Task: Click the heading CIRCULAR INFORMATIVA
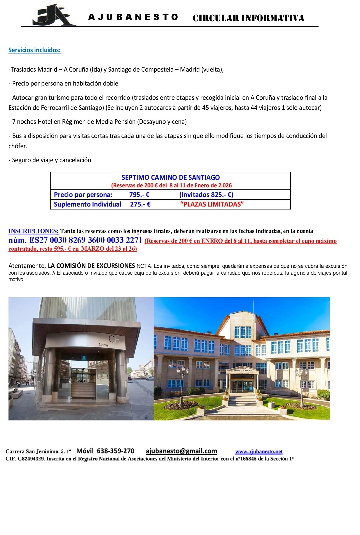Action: (x=248, y=18)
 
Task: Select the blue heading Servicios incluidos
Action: (x=35, y=50)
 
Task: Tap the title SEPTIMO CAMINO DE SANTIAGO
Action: (x=171, y=177)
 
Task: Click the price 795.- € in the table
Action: (x=139, y=195)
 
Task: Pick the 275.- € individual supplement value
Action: (x=140, y=204)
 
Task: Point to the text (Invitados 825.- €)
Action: (x=206, y=195)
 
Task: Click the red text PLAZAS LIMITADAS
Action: (x=212, y=204)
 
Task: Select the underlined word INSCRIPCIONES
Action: (x=33, y=231)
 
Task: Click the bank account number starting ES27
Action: (x=86, y=240)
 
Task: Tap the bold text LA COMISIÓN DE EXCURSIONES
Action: (x=91, y=266)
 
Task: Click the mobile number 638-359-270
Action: (x=115, y=451)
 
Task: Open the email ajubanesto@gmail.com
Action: (x=181, y=451)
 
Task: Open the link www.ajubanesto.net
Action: (x=259, y=452)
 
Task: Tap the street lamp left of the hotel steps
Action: (x=183, y=377)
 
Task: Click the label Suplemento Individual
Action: (x=87, y=204)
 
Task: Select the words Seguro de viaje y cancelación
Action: (x=51, y=160)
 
